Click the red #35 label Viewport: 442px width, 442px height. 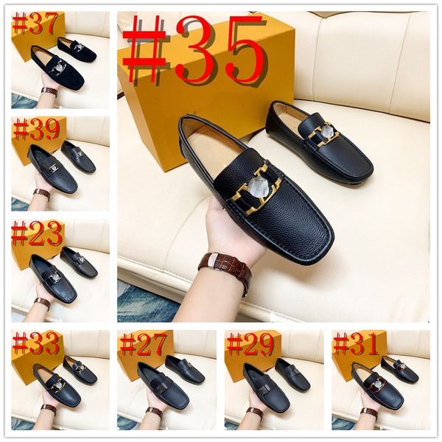[193, 50]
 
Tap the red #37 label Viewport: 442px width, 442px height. [34, 24]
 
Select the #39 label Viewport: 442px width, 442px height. [35, 130]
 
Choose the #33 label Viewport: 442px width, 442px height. [35, 343]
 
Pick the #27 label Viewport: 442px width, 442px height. [143, 344]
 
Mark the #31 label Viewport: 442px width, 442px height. [356, 344]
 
